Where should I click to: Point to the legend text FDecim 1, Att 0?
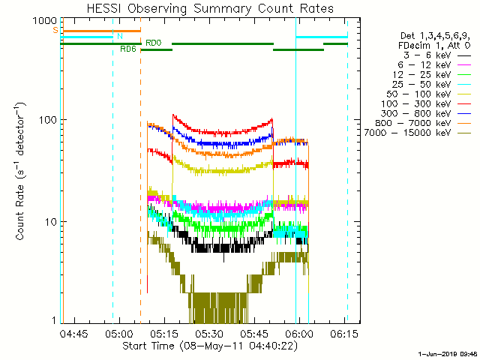[434, 46]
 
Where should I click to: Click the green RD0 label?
[152, 43]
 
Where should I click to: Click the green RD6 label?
[127, 49]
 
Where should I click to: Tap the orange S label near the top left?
[55, 30]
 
